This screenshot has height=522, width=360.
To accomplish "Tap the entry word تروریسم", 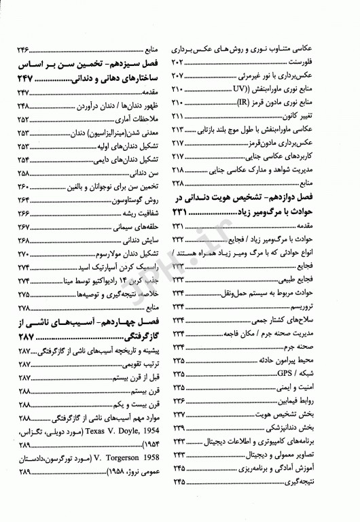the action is click(x=323, y=309).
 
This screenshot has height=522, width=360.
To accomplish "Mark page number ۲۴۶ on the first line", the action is click(x=24, y=50).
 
